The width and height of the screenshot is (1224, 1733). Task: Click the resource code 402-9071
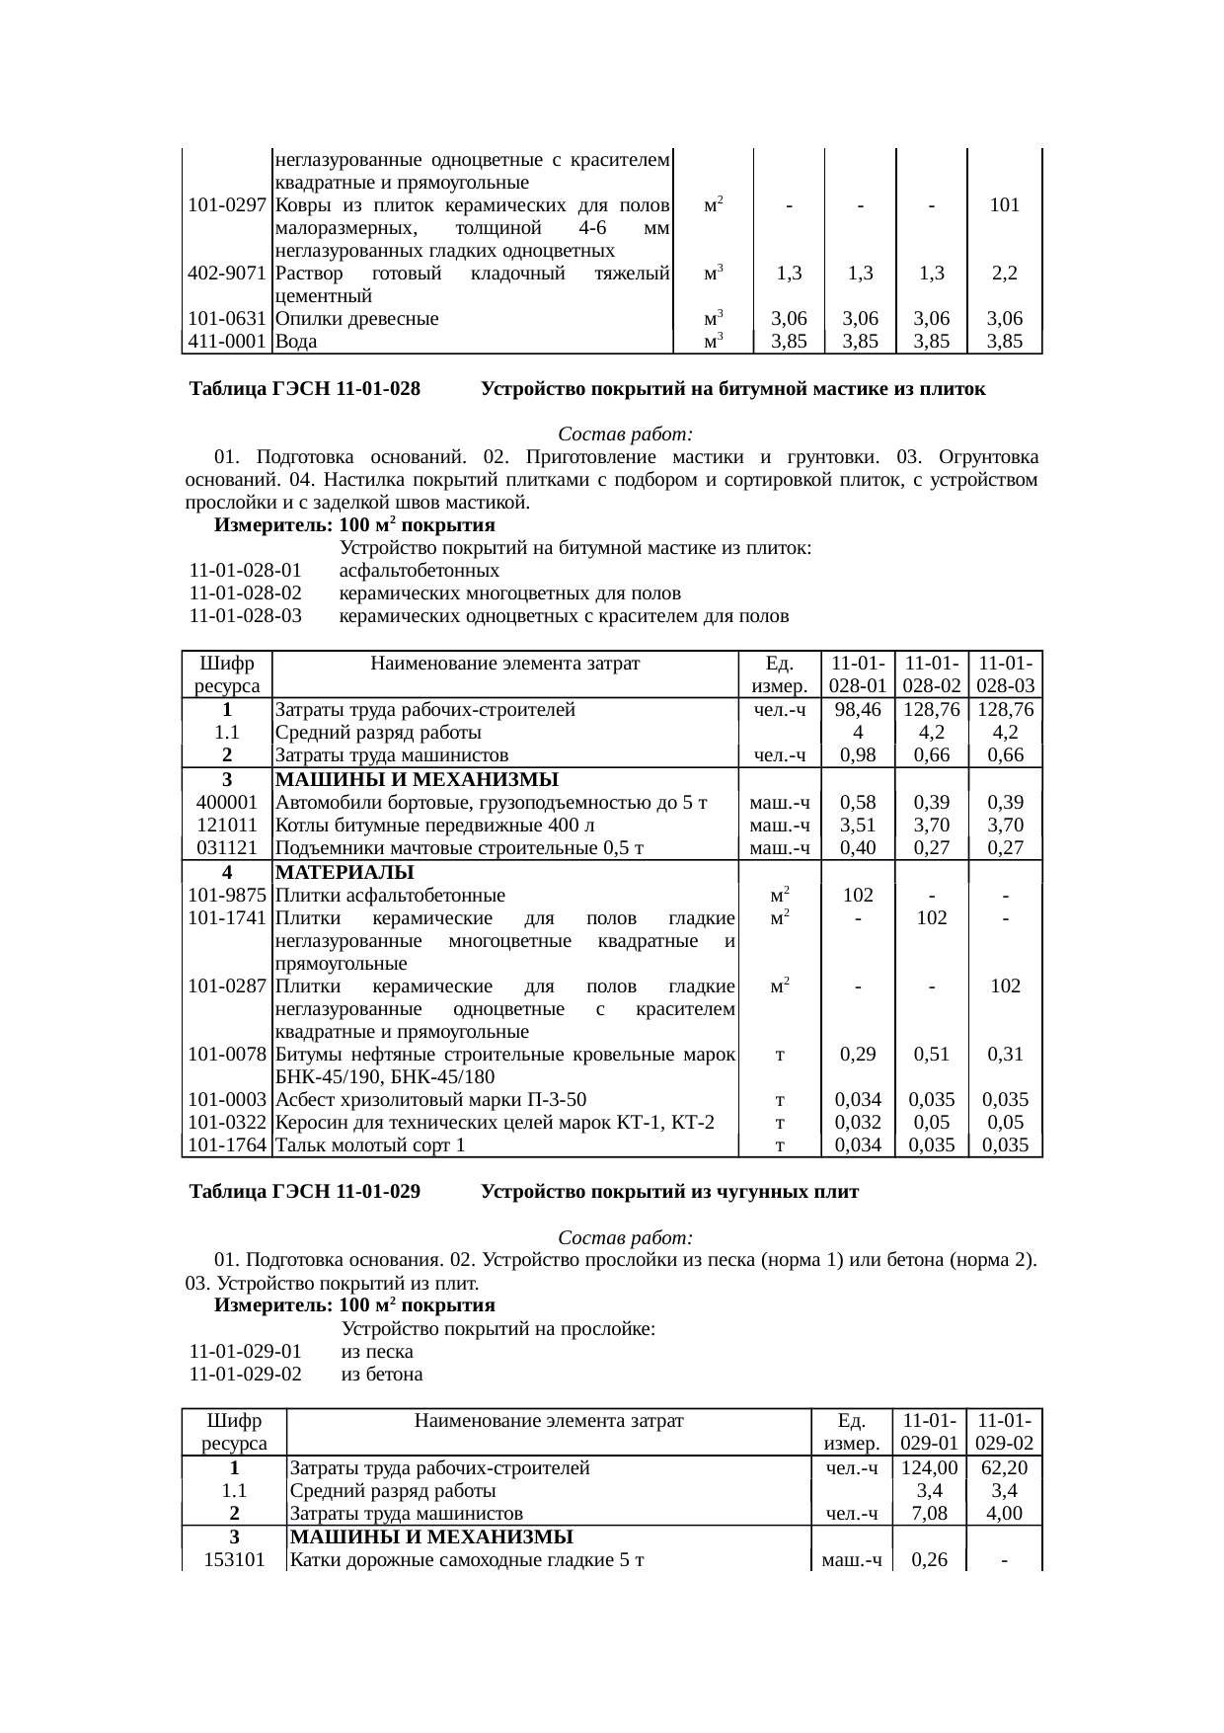(227, 273)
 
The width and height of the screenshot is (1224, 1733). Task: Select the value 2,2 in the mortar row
(1004, 273)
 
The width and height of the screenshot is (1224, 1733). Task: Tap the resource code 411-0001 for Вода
(227, 342)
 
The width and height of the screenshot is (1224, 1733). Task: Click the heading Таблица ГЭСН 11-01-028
(305, 389)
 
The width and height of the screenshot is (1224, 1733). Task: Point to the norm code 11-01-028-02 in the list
(245, 593)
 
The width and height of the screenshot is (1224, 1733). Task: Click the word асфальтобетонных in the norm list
(420, 571)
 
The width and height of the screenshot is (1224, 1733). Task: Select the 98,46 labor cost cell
(857, 709)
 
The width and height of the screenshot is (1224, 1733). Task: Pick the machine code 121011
(227, 825)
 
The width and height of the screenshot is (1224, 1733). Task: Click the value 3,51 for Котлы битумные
(857, 825)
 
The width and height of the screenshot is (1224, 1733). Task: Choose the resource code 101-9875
(227, 896)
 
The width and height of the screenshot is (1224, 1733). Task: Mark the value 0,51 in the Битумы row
(931, 1054)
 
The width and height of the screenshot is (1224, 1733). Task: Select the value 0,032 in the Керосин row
(857, 1123)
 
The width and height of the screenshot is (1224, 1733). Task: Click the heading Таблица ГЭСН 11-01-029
(305, 1192)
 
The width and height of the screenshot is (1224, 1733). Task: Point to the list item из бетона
(381, 1374)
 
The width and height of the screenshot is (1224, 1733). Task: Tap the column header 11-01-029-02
(1004, 1432)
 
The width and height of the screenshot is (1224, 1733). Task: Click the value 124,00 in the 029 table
(929, 1467)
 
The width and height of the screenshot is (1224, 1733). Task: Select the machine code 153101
(234, 1560)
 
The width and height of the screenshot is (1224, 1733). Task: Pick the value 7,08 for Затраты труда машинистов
(929, 1513)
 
